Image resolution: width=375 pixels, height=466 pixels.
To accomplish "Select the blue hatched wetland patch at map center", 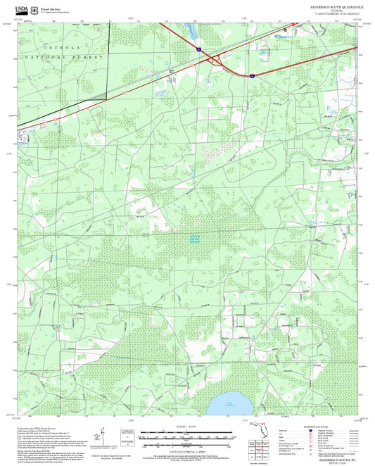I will pyautogui.click(x=195, y=238).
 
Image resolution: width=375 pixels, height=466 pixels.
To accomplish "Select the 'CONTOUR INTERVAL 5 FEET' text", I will pyautogui.click(x=186, y=451).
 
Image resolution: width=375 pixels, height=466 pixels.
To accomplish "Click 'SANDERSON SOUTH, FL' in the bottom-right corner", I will pyautogui.click(x=339, y=456).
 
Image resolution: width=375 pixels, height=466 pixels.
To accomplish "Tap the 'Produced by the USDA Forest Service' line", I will pyautogui.click(x=42, y=428).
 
